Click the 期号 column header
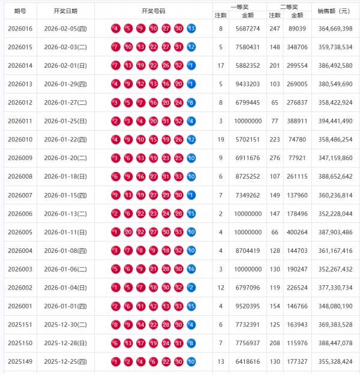coord(19,11)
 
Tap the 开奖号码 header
coord(153,11)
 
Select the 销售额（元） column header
coord(335,11)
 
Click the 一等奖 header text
coord(239,5)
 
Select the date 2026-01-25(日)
coord(65,121)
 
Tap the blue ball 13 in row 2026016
coord(191,29)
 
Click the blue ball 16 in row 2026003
coord(191,269)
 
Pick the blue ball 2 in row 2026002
coord(191,288)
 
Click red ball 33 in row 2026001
coord(179,306)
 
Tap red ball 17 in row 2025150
coord(140,343)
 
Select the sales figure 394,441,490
coord(335,121)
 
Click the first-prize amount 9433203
coord(247,84)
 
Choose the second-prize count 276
coord(275,158)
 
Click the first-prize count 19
coord(220,140)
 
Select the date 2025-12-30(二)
coord(65,325)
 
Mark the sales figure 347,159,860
coord(335,158)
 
